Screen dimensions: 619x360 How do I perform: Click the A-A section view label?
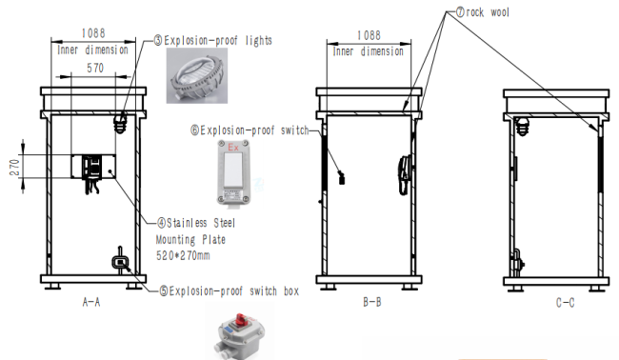(x=91, y=302)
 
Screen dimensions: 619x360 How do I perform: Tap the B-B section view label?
(x=371, y=302)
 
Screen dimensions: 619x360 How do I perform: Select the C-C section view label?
(x=565, y=303)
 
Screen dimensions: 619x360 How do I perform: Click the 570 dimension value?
(x=95, y=68)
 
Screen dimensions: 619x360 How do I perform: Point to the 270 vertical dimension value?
(x=14, y=168)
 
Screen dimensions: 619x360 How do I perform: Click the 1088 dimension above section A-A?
(x=93, y=33)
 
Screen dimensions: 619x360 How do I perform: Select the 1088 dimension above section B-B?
(x=369, y=35)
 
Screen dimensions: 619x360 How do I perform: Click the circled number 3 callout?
(x=158, y=40)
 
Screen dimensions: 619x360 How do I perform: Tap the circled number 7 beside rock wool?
(x=460, y=11)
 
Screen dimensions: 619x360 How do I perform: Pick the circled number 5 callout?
(x=164, y=291)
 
